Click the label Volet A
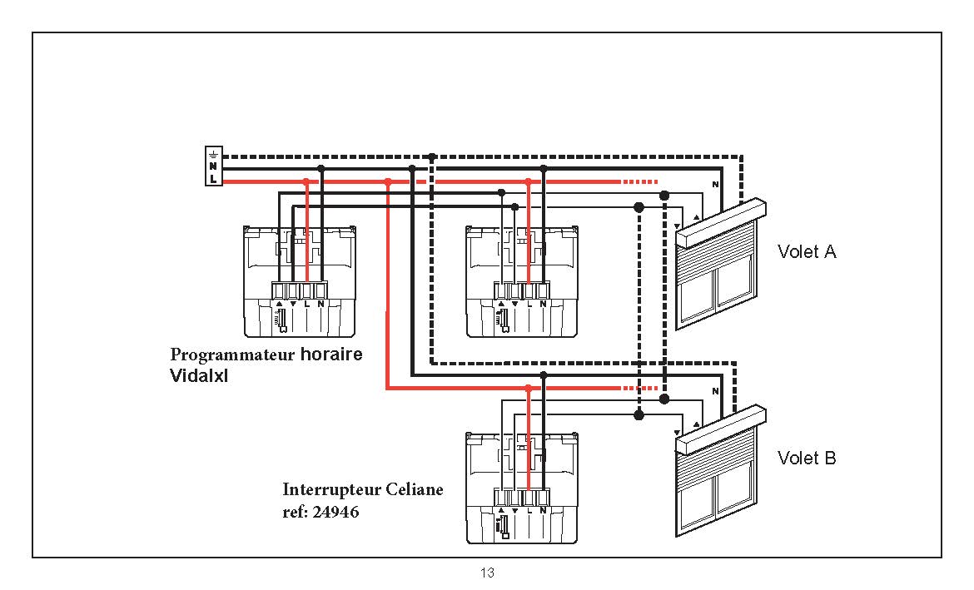[x=807, y=251]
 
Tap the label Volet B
[x=807, y=458]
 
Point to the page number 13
[x=487, y=573]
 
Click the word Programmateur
[x=232, y=355]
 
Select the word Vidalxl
[x=199, y=376]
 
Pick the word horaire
[x=331, y=354]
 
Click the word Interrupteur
[x=331, y=490]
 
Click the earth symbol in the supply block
[x=214, y=153]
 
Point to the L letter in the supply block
[x=214, y=179]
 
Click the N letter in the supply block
[x=214, y=166]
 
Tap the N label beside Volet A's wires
[x=715, y=185]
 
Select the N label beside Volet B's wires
[x=715, y=391]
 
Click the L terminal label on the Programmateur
[x=307, y=305]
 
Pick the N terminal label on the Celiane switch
[x=543, y=510]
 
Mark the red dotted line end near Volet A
[x=657, y=182]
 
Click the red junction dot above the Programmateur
[x=306, y=182]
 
